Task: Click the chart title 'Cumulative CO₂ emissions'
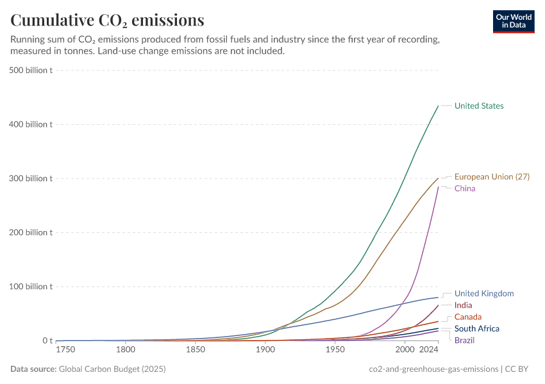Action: tap(107, 20)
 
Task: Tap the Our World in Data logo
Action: tap(513, 21)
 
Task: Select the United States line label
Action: tap(479, 106)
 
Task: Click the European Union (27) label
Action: tap(492, 177)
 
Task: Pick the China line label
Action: tap(465, 188)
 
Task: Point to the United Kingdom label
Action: tap(484, 293)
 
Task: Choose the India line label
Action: tap(463, 305)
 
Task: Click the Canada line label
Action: tap(468, 317)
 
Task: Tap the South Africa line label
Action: tap(476, 328)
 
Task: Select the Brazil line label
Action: tap(464, 340)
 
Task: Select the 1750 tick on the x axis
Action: tap(65, 351)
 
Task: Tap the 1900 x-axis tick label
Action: tap(265, 351)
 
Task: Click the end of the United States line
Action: tap(438, 106)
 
